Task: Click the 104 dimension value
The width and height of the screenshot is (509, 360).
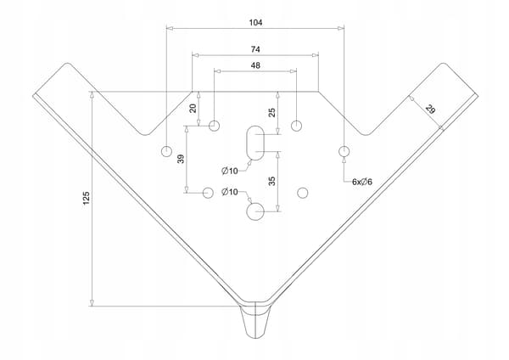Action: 255,22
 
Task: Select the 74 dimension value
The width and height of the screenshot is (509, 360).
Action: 255,49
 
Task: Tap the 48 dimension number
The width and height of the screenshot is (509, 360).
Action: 255,65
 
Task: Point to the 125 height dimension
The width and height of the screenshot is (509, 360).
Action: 86,198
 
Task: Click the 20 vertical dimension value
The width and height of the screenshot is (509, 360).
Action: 193,108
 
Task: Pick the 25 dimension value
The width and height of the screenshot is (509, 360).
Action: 272,112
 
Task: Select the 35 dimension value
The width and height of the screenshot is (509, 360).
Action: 272,181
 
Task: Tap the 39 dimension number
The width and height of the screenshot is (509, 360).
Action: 182,159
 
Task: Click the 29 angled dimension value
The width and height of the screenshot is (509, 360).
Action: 430,110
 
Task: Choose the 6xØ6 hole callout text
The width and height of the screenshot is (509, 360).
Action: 362,182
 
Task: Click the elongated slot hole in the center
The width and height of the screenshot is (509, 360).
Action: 255,143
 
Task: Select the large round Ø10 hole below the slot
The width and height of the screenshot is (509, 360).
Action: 255,212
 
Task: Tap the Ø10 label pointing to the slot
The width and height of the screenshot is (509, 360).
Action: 230,171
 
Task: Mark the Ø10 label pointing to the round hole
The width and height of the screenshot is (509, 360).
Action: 230,192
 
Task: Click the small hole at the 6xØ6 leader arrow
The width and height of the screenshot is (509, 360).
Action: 344,151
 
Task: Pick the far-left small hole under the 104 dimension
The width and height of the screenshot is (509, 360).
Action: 166,151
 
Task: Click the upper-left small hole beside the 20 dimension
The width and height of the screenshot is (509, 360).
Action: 214,126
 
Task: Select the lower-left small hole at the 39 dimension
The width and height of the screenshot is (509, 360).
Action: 208,193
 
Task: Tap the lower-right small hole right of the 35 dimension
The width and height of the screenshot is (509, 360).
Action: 303,193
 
